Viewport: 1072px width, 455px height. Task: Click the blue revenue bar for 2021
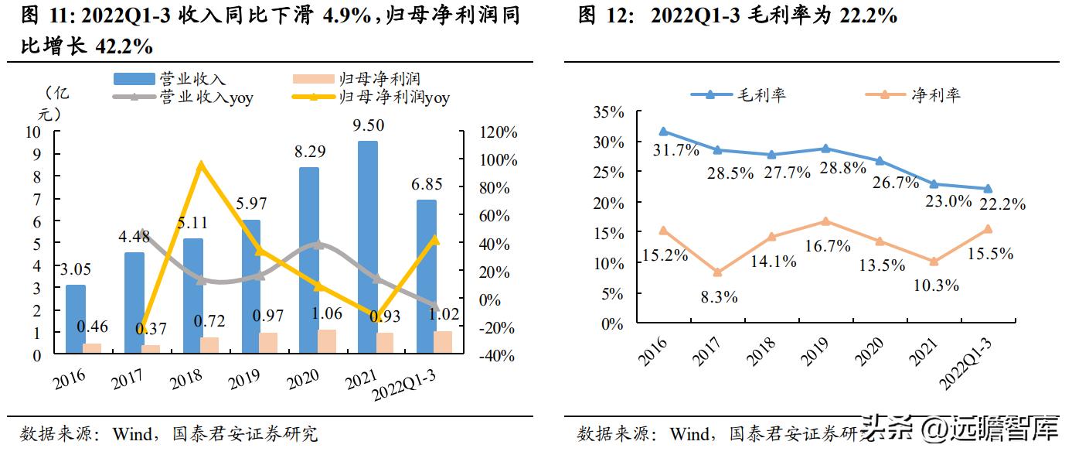point(367,248)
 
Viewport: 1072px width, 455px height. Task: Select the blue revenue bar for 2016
point(76,320)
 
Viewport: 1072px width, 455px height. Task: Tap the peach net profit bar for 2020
point(328,342)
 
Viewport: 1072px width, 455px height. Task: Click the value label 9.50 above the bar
point(367,126)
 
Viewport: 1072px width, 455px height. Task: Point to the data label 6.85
point(427,185)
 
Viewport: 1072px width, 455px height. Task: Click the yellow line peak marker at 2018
point(201,165)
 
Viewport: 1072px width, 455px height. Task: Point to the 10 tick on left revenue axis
point(33,132)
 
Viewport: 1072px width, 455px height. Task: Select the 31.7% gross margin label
point(676,150)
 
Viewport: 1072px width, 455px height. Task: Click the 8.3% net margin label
point(718,296)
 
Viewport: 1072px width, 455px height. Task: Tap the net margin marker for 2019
point(825,221)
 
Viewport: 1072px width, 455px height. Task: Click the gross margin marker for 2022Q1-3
point(988,189)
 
